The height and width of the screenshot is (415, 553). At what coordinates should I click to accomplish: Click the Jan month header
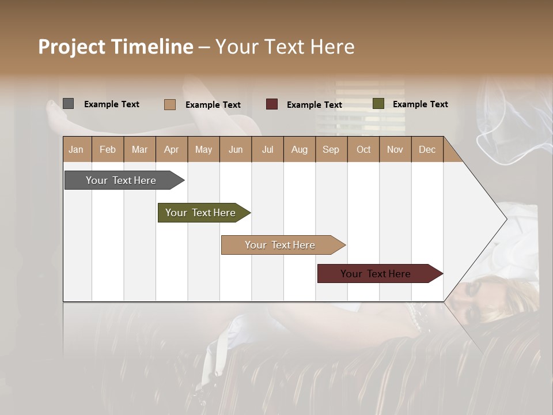tap(77, 149)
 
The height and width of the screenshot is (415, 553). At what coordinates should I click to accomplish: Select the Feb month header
tap(108, 149)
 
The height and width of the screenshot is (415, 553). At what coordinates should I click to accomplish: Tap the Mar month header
tap(139, 149)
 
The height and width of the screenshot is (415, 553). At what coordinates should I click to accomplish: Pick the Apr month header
tap(172, 149)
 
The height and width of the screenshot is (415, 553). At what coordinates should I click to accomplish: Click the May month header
tap(203, 149)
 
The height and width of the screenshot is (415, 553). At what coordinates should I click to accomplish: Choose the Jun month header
tap(236, 149)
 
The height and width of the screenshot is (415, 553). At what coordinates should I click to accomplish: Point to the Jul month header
tap(267, 149)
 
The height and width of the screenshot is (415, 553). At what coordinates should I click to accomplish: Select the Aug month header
tap(300, 149)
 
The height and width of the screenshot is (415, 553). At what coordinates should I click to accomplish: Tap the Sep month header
tap(331, 149)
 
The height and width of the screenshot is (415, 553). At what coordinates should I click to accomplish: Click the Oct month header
tap(363, 149)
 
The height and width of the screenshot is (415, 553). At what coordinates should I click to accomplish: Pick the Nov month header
tap(395, 149)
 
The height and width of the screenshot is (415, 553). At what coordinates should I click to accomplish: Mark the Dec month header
tap(427, 149)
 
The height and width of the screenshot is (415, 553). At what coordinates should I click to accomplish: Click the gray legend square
tap(68, 104)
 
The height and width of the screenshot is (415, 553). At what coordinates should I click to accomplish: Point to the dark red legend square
tap(272, 104)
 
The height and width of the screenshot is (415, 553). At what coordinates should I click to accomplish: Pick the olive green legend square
tap(378, 104)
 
